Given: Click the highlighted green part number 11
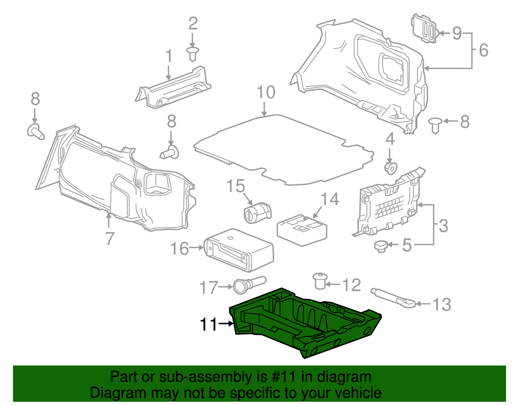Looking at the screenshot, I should pyautogui.click(x=305, y=324).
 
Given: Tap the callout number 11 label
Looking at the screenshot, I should pyautogui.click(x=208, y=324).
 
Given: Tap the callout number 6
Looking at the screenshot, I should pyautogui.click(x=483, y=50).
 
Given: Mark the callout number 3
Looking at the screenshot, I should pyautogui.click(x=443, y=226).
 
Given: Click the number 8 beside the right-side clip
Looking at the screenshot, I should pyautogui.click(x=465, y=122).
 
